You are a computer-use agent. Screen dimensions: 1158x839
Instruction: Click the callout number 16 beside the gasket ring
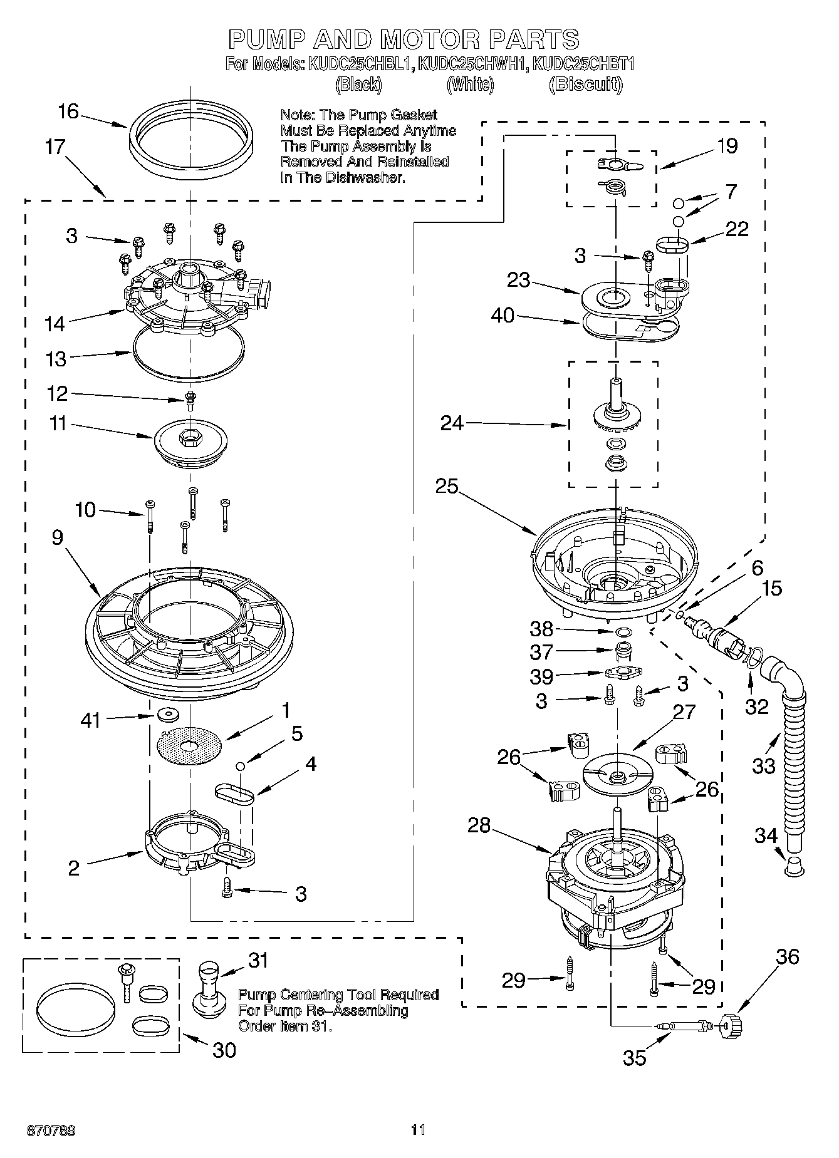click(x=68, y=112)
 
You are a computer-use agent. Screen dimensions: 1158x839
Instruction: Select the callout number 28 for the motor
click(x=479, y=825)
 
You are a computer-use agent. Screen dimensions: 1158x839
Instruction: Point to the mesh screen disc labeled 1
click(x=189, y=745)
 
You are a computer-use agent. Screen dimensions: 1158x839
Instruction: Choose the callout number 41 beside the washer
click(x=91, y=721)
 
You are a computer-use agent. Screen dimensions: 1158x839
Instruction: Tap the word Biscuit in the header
click(x=585, y=85)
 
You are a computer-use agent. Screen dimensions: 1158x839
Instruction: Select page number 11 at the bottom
click(x=418, y=1130)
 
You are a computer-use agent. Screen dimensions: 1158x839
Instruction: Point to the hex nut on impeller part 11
click(x=188, y=439)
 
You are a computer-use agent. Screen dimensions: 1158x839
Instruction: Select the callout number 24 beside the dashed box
click(x=452, y=423)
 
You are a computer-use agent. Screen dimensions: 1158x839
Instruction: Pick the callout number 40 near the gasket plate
click(x=503, y=316)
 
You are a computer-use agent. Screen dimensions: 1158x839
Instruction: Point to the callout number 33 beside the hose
click(x=764, y=765)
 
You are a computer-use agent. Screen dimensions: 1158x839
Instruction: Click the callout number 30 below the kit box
click(x=224, y=1049)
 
